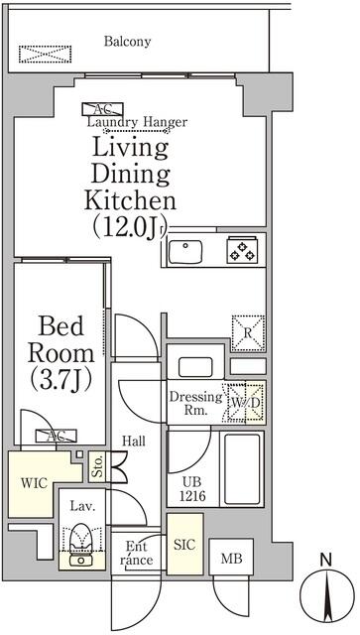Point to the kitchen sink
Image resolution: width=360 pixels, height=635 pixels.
pos(185,252)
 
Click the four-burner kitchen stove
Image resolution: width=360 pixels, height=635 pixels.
pos(241,252)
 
